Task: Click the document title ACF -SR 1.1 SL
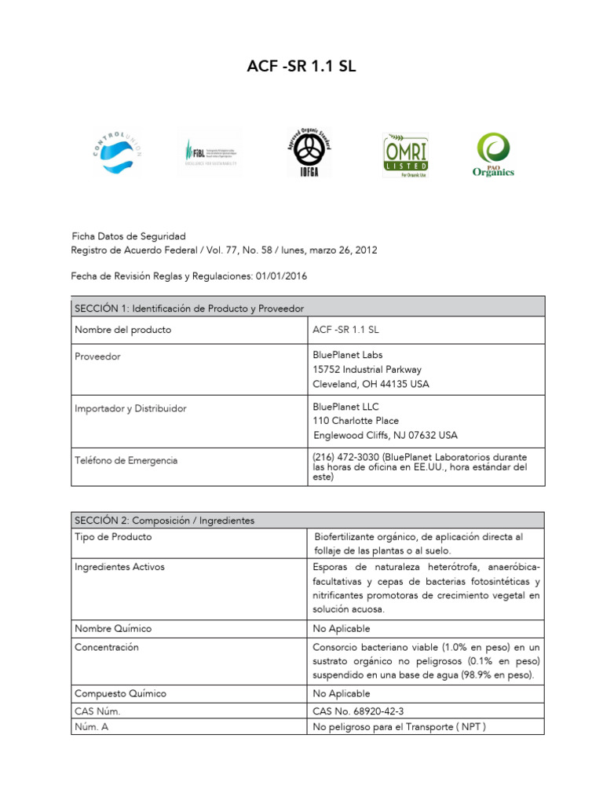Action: (301, 68)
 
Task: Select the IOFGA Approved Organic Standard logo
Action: (308, 152)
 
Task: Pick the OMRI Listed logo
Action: (405, 154)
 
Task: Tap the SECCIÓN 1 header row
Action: (308, 308)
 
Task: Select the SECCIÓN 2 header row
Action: (308, 521)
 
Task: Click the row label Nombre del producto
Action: (122, 330)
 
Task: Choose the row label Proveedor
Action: (97, 356)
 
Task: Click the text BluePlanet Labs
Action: (348, 355)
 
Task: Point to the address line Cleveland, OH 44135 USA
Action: (371, 385)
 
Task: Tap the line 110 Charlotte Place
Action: (356, 421)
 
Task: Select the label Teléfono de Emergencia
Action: (126, 460)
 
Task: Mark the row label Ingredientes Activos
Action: (119, 567)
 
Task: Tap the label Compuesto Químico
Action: (120, 694)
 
